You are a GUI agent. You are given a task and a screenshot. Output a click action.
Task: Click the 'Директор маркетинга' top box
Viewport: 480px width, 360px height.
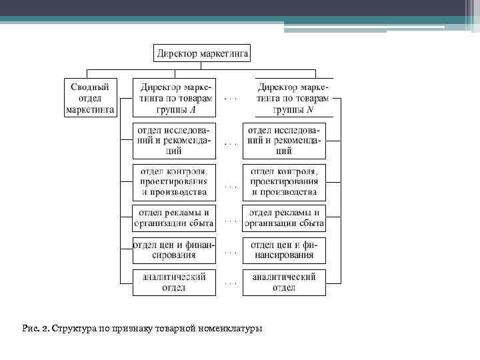pyautogui.click(x=202, y=52)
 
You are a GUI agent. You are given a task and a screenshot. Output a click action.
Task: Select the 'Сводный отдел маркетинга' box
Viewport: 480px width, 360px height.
pyautogui.click(x=90, y=98)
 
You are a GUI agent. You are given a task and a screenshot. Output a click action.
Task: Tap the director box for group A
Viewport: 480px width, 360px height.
pyautogui.click(x=175, y=98)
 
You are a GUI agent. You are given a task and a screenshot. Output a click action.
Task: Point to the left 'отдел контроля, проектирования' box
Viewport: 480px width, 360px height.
pyautogui.click(x=174, y=181)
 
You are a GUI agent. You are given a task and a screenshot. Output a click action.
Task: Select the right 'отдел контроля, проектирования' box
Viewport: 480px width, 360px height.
pyautogui.click(x=284, y=181)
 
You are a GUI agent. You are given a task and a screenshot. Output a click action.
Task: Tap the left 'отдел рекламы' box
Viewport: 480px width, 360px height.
pyautogui.click(x=174, y=218)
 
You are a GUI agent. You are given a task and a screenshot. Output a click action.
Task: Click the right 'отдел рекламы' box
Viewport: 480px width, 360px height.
pyautogui.click(x=284, y=218)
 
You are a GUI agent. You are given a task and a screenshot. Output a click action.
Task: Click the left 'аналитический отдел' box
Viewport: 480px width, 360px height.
pyautogui.click(x=174, y=282)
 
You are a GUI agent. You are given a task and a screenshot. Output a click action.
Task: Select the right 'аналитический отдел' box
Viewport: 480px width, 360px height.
pyautogui.click(x=284, y=282)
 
